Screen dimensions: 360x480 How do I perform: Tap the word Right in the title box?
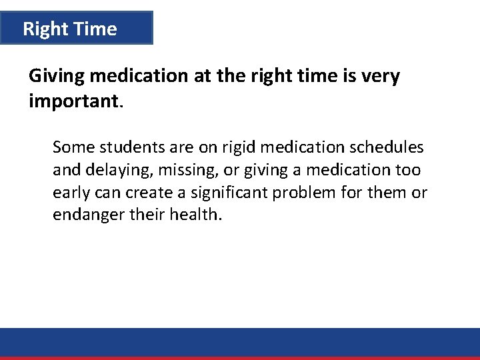click(x=44, y=29)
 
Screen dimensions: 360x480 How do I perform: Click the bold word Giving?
click(x=56, y=77)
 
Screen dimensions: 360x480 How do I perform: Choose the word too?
click(x=407, y=170)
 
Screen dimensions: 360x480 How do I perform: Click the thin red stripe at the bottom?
click(x=240, y=358)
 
